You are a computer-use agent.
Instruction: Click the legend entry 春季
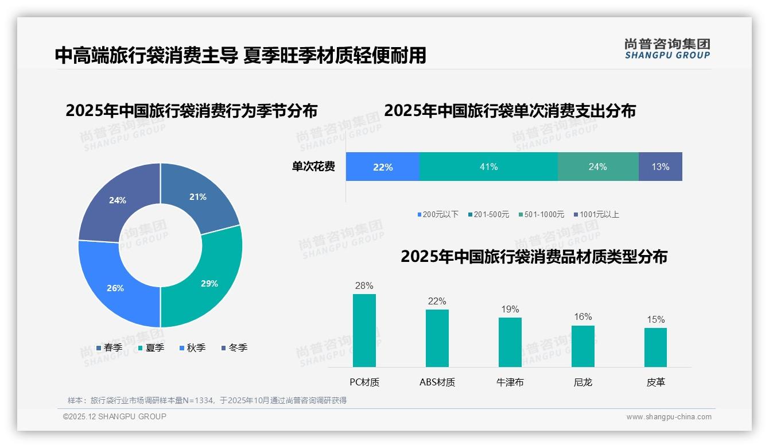pyautogui.click(x=109, y=347)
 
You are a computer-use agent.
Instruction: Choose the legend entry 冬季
pyautogui.click(x=234, y=347)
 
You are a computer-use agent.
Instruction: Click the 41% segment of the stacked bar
pyautogui.click(x=488, y=167)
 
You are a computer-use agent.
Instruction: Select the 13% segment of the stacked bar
pyautogui.click(x=660, y=167)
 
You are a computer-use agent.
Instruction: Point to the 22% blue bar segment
pyautogui.click(x=383, y=167)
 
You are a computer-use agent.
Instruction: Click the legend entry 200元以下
pyautogui.click(x=438, y=214)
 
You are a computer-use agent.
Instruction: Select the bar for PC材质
pyautogui.click(x=364, y=330)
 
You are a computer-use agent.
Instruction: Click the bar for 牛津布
pyautogui.click(x=510, y=342)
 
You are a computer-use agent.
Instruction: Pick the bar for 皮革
pyautogui.click(x=655, y=347)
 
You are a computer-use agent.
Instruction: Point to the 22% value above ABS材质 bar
pyautogui.click(x=437, y=301)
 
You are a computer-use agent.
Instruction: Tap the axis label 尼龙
pyautogui.click(x=582, y=382)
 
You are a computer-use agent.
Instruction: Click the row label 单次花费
pyautogui.click(x=313, y=167)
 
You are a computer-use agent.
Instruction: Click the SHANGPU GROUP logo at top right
pyautogui.click(x=667, y=49)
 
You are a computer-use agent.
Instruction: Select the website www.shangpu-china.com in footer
pyautogui.click(x=669, y=417)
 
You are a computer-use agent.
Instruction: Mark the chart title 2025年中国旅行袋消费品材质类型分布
pyautogui.click(x=534, y=257)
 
